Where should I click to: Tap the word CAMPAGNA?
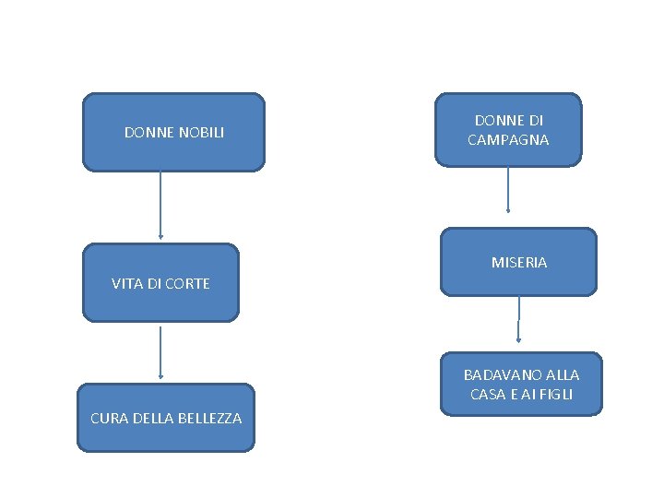pyautogui.click(x=508, y=140)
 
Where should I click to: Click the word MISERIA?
pyautogui.click(x=519, y=263)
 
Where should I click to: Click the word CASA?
pyautogui.click(x=487, y=395)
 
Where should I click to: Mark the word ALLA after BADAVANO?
pyautogui.click(x=563, y=375)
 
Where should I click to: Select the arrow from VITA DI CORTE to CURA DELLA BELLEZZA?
pyautogui.click(x=160, y=352)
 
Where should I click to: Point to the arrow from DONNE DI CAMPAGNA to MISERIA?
pyautogui.click(x=508, y=189)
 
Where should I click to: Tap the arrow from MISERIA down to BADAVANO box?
pyautogui.click(x=518, y=319)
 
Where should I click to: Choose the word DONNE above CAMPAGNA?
pyautogui.click(x=498, y=121)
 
